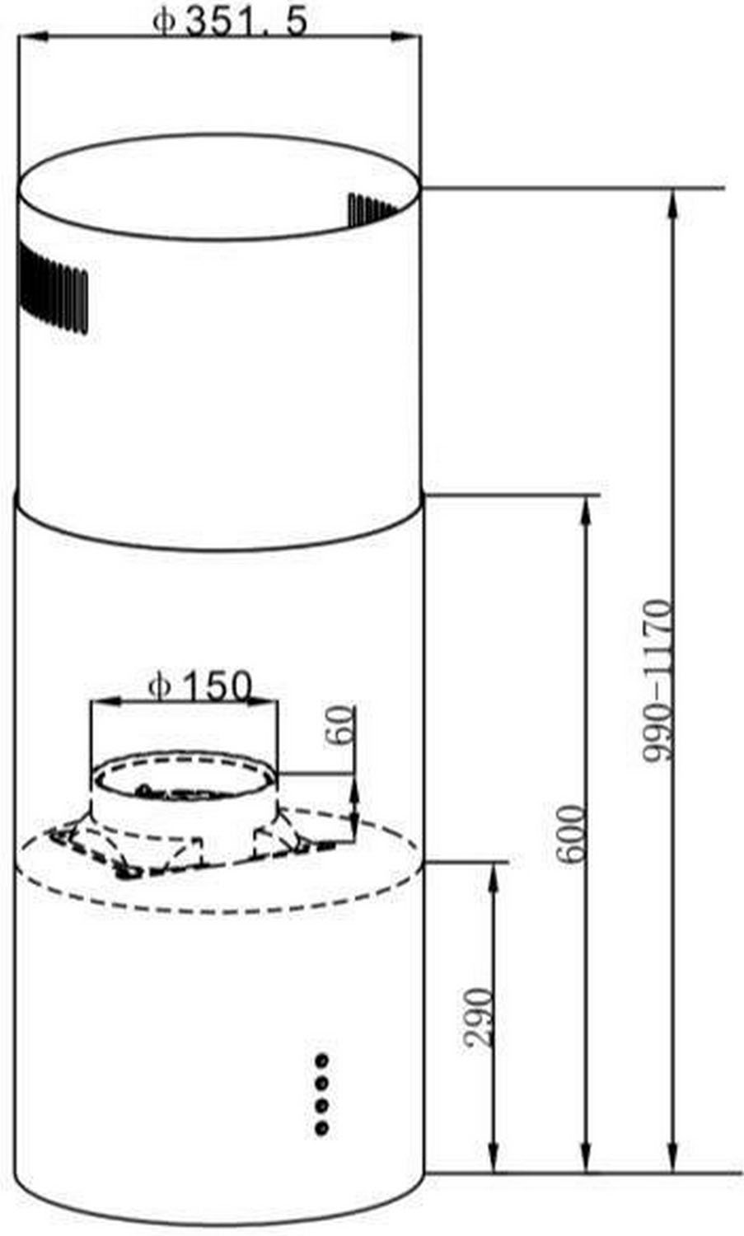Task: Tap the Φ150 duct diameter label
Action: (x=199, y=686)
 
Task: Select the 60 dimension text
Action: (x=341, y=726)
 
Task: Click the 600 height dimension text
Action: (x=570, y=834)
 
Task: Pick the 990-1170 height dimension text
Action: (x=657, y=681)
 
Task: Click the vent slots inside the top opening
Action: (x=372, y=209)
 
